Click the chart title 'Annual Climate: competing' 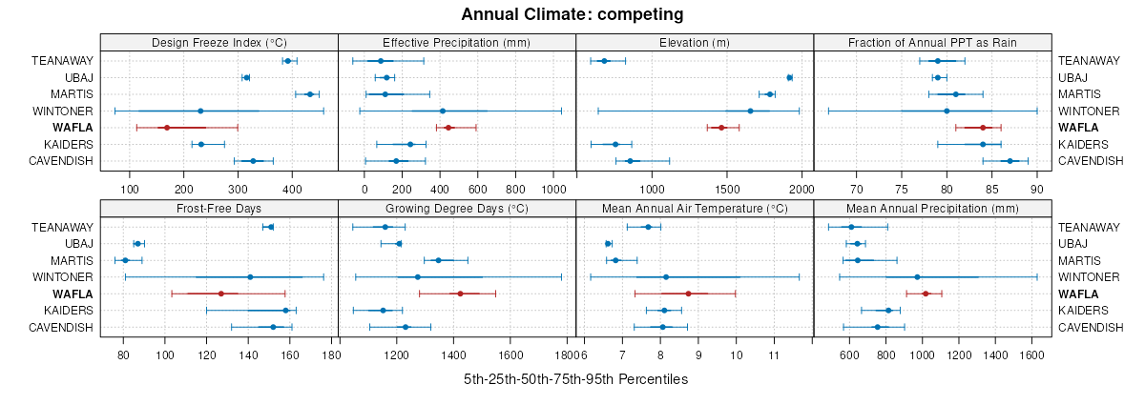(572, 14)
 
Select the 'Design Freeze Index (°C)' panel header (219, 42)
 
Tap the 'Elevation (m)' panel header (695, 42)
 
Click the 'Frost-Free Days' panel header (219, 208)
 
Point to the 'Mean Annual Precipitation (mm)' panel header (932, 208)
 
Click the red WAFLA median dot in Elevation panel (721, 128)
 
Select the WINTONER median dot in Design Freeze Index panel (200, 111)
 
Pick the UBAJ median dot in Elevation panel (789, 77)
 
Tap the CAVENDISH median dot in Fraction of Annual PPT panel (1010, 161)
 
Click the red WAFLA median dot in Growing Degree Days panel (460, 294)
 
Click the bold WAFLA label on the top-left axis (73, 128)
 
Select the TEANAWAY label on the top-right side (1089, 60)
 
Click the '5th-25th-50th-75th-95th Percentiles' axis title (575, 378)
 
